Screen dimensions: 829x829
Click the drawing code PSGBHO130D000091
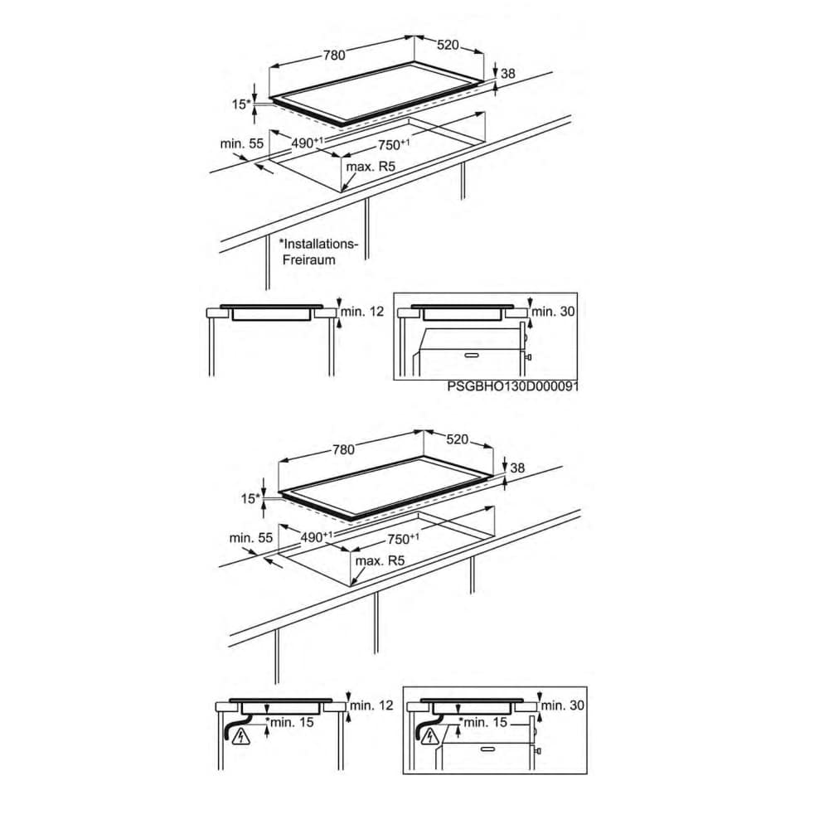pyautogui.click(x=512, y=386)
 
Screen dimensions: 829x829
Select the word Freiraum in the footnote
pyautogui.click(x=308, y=260)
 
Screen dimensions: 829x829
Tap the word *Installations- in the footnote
pyautogui.click(x=318, y=245)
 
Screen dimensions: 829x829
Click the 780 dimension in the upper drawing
pyautogui.click(x=334, y=55)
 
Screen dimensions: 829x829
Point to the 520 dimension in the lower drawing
pyautogui.click(x=458, y=439)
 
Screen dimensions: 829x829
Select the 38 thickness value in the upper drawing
pyautogui.click(x=508, y=74)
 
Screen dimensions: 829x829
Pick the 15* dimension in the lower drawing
pyautogui.click(x=250, y=498)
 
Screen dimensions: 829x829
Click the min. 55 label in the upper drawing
pyautogui.click(x=241, y=143)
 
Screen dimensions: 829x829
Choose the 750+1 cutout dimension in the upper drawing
pyautogui.click(x=393, y=144)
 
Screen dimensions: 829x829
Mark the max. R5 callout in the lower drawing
pyautogui.click(x=380, y=560)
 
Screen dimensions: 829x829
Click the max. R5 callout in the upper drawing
pyautogui.click(x=371, y=167)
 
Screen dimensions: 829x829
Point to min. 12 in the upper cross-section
pyautogui.click(x=362, y=312)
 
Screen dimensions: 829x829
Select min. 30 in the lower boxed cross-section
pyautogui.click(x=563, y=705)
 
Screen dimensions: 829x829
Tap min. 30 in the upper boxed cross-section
pyautogui.click(x=553, y=312)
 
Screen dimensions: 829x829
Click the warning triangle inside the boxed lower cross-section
pyautogui.click(x=431, y=734)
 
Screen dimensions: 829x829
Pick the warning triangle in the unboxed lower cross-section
pyautogui.click(x=241, y=735)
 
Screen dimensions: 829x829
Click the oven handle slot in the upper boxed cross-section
pyautogui.click(x=473, y=355)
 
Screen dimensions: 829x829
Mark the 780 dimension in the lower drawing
pyautogui.click(x=344, y=450)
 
